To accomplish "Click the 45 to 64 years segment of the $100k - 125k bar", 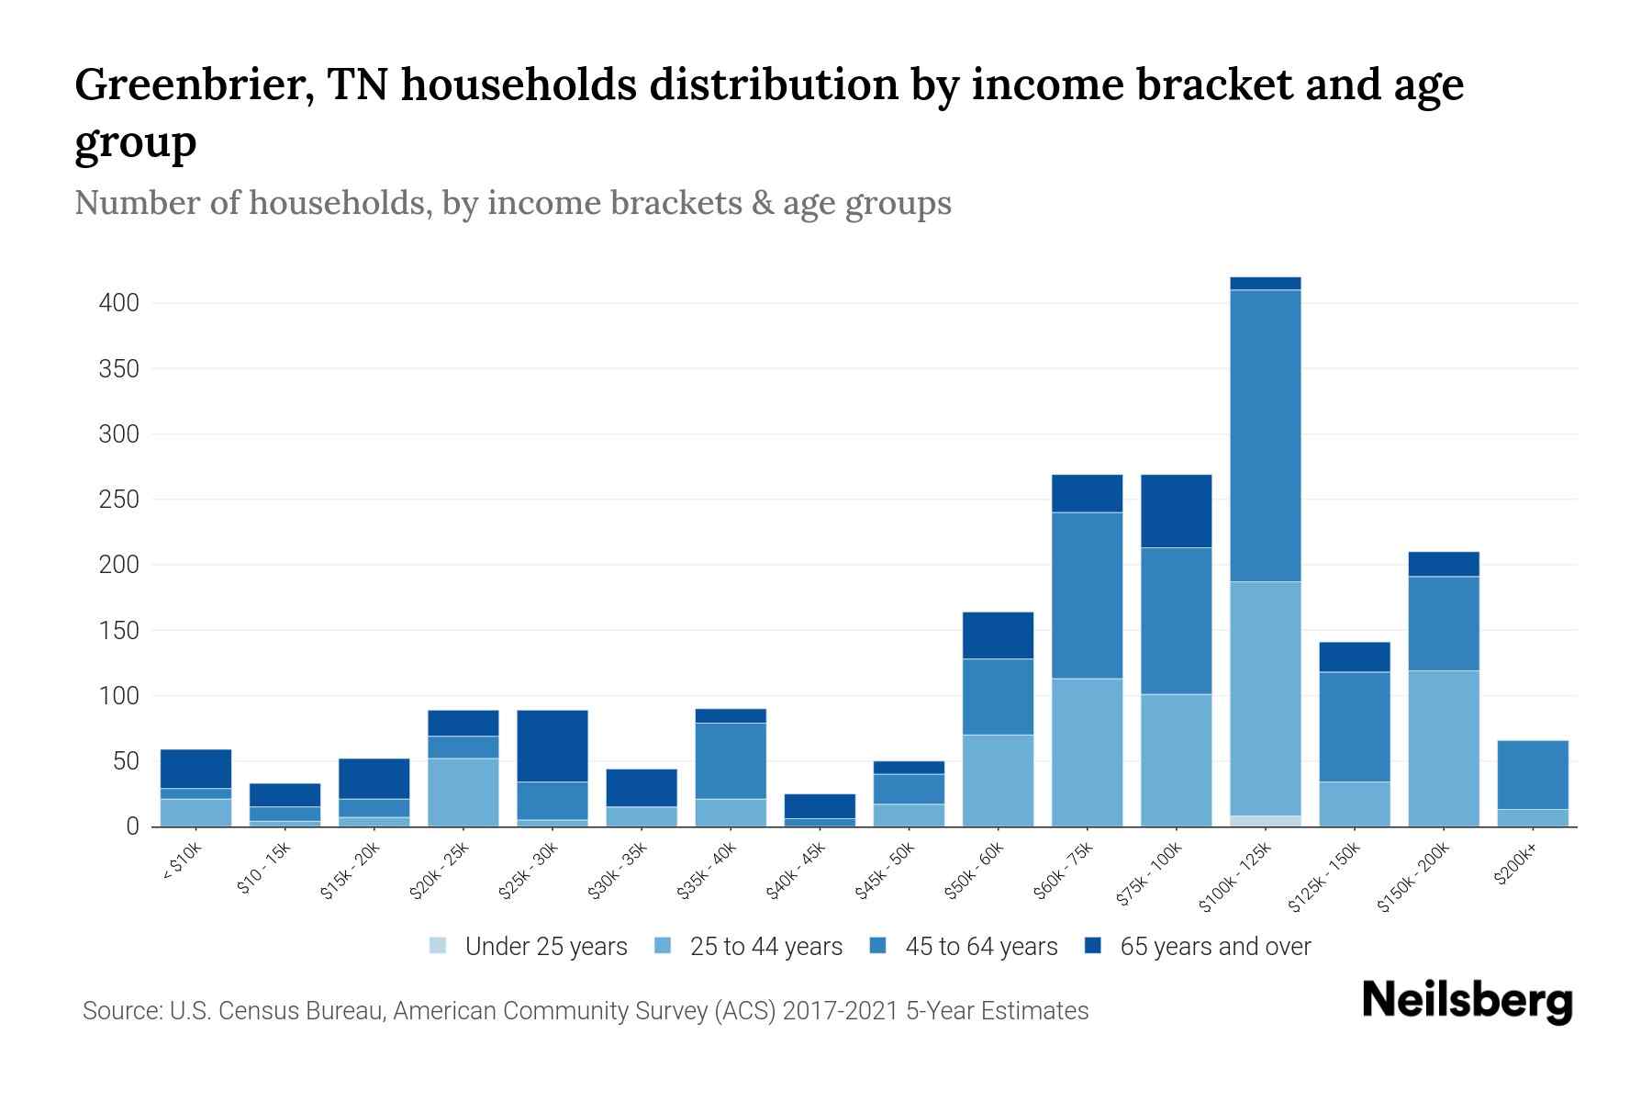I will click(x=1266, y=435).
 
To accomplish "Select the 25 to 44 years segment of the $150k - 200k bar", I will click(x=1444, y=748).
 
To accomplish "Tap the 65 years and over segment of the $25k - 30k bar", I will click(x=553, y=746).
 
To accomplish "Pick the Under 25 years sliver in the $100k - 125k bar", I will click(x=1266, y=821).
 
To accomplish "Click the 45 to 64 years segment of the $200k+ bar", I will click(x=1533, y=774).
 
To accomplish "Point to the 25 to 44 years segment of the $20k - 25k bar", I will click(x=463, y=792).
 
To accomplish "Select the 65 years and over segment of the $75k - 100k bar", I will click(x=1177, y=511).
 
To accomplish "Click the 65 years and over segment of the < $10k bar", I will click(x=196, y=769).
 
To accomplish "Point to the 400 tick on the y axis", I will click(x=119, y=303).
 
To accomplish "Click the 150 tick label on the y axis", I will click(x=119, y=631).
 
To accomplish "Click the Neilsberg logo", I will click(x=1467, y=1001).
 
